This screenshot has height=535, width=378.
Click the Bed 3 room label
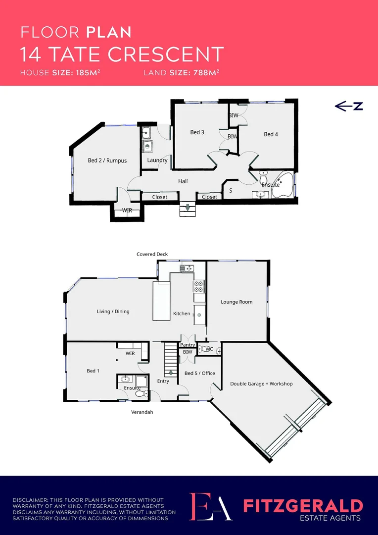(x=197, y=132)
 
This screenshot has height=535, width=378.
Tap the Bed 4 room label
(x=271, y=134)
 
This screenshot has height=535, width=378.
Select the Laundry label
(x=157, y=160)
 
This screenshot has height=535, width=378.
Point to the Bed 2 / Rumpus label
(x=107, y=160)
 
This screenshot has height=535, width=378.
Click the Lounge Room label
(x=236, y=302)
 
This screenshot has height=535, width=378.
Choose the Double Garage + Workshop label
(x=261, y=384)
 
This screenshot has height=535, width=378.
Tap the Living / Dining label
(x=113, y=312)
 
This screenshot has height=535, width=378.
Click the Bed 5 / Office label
(x=200, y=373)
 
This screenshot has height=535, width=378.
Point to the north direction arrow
(x=349, y=106)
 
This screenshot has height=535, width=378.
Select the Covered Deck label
(x=152, y=254)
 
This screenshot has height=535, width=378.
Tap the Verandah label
(x=142, y=412)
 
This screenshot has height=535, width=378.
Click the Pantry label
(x=188, y=345)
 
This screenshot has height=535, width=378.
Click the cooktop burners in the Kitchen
(x=199, y=286)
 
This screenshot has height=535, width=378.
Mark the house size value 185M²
(x=90, y=72)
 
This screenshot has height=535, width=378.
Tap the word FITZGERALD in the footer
(x=303, y=506)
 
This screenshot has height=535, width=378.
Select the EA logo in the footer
(x=211, y=506)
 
